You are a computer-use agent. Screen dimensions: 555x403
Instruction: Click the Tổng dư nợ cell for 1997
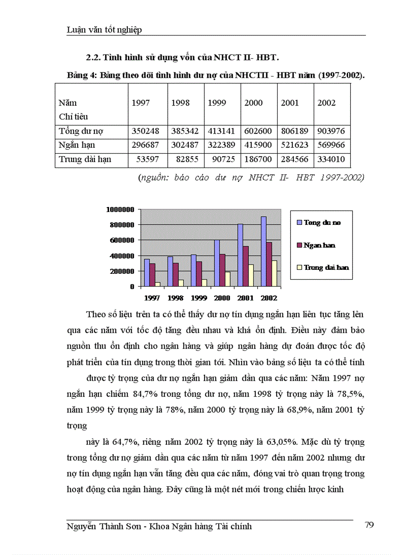click(x=147, y=132)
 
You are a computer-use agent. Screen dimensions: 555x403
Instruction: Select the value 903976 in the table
click(x=332, y=132)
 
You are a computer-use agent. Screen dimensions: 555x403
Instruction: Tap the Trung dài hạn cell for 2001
click(x=295, y=160)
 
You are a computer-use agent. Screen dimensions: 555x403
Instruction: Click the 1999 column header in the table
click(x=217, y=103)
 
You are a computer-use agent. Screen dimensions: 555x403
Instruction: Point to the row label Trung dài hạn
click(x=85, y=160)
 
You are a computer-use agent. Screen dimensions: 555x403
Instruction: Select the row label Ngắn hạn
click(x=77, y=146)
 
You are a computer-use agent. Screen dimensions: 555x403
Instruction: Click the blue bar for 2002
click(x=264, y=252)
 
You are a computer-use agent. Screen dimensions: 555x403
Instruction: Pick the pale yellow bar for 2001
click(x=250, y=275)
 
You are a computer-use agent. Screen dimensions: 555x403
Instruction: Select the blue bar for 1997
click(x=147, y=272)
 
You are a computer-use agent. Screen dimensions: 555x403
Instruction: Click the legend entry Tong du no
click(x=322, y=222)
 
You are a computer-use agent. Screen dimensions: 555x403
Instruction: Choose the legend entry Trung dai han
click(x=326, y=267)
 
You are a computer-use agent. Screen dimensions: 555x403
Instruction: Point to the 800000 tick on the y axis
click(x=121, y=225)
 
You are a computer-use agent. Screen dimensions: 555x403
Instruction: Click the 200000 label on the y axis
click(x=121, y=271)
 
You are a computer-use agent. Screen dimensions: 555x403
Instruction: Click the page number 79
click(x=369, y=525)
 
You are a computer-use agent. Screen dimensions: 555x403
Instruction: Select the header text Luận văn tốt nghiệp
click(x=104, y=30)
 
